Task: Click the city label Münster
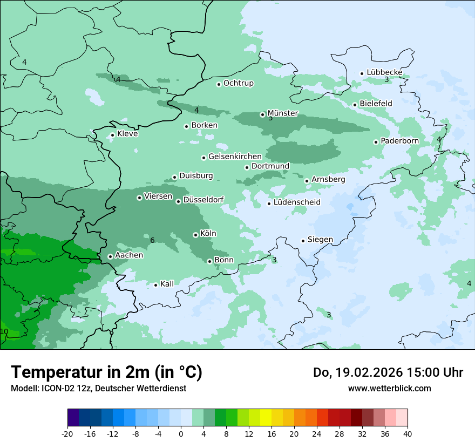282,113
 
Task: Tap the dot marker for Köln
195,235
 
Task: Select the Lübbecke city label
384,72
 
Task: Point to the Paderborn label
399,141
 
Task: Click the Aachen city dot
110,257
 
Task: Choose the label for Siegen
320,240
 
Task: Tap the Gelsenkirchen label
235,157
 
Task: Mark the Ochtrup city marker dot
219,84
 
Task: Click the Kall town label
167,284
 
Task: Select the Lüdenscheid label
297,202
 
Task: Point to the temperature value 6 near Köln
152,240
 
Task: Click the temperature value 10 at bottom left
4,331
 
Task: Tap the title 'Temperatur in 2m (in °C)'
106,372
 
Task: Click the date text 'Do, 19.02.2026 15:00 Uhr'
388,372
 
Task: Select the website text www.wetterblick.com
389,388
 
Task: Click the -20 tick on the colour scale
67,433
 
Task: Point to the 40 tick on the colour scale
408,433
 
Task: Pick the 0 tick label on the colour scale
181,433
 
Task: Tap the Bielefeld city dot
355,105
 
